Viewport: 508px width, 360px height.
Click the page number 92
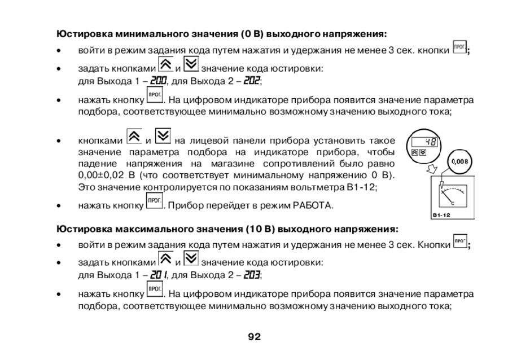[x=254, y=337]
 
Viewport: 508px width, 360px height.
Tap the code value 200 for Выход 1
[x=157, y=81]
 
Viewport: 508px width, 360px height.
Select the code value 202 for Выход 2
[x=252, y=81]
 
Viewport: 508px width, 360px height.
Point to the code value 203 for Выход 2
[x=252, y=275]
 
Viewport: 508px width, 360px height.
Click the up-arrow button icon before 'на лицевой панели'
[x=134, y=137]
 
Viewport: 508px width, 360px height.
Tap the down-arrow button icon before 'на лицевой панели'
[x=163, y=137]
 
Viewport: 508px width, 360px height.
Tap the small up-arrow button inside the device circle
[x=414, y=152]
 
